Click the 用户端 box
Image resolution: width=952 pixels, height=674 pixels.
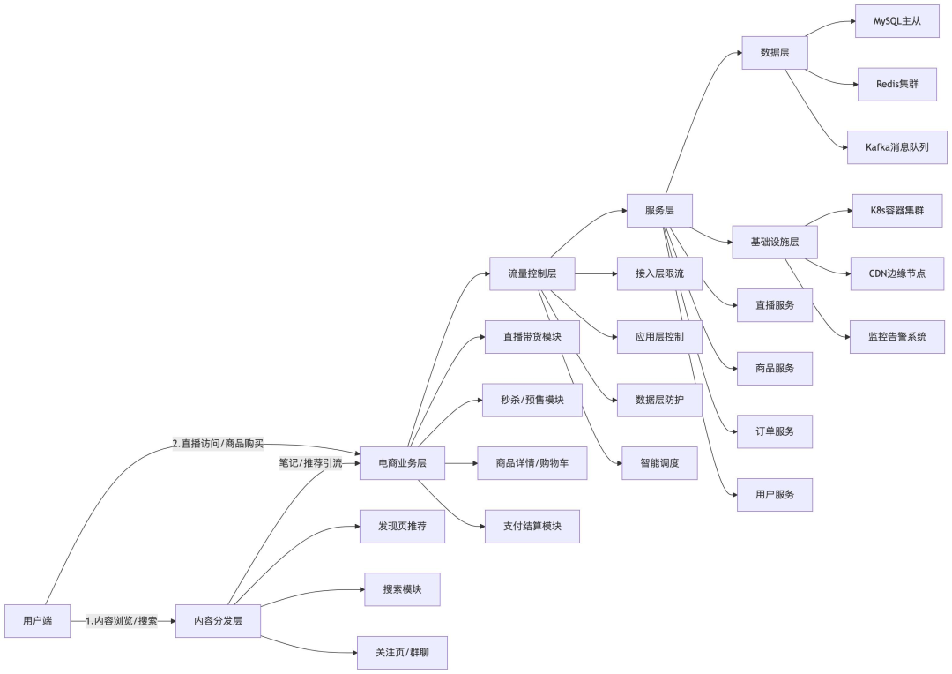coord(37,621)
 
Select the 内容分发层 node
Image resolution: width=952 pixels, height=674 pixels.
coord(219,621)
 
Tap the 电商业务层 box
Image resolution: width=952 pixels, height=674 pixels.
coord(402,463)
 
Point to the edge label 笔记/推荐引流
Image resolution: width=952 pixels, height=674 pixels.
coord(310,462)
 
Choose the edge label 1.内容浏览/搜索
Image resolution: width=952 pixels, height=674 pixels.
coord(122,621)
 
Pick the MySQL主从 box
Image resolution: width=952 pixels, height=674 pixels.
coord(896,20)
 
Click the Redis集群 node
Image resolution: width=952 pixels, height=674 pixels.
coord(896,84)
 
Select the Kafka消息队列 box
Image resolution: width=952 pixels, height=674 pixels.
coord(896,147)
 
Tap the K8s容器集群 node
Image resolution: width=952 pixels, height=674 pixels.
coord(896,211)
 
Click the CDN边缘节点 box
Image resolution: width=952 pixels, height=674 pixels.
coord(896,273)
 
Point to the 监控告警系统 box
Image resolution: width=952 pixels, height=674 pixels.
coord(896,337)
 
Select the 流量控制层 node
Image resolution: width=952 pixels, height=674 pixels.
coord(532,273)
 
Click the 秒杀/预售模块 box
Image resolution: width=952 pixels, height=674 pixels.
coord(532,400)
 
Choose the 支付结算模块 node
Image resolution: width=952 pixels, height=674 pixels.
coord(532,526)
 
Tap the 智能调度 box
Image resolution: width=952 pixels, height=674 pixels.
coord(659,463)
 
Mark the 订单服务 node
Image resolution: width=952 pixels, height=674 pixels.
coord(774,431)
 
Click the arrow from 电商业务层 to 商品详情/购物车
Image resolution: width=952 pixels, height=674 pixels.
coord(460,463)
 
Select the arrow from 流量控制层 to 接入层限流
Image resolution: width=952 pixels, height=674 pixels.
coord(596,273)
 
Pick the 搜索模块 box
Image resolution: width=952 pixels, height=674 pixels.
coord(402,589)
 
